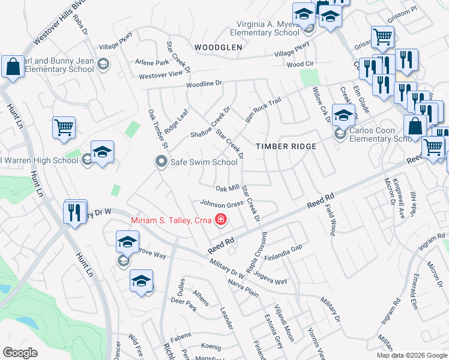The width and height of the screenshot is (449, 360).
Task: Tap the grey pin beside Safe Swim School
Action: (x=161, y=161)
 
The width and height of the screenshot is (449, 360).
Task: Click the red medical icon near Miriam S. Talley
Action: (x=221, y=220)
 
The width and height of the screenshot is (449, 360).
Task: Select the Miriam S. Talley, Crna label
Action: (x=172, y=220)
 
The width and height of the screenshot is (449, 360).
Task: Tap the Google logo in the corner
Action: (x=20, y=353)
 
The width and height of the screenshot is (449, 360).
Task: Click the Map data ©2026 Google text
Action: (x=411, y=355)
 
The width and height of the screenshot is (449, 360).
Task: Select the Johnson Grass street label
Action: (x=221, y=203)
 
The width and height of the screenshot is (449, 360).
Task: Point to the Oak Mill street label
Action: (x=228, y=188)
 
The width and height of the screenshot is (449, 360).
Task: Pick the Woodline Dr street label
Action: (x=204, y=85)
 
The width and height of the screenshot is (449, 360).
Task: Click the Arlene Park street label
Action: (x=152, y=62)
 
